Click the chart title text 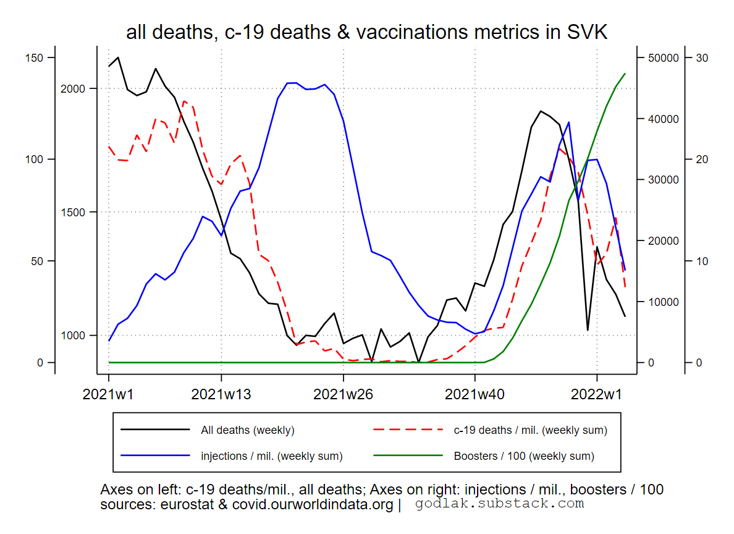[366, 32]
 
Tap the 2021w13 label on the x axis [221, 395]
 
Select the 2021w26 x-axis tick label [344, 395]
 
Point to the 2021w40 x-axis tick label [475, 395]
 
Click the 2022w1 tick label [597, 395]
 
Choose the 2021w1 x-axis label [109, 395]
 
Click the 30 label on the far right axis [702, 58]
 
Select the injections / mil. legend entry [271, 456]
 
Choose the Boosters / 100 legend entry [524, 456]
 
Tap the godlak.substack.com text [499, 504]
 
